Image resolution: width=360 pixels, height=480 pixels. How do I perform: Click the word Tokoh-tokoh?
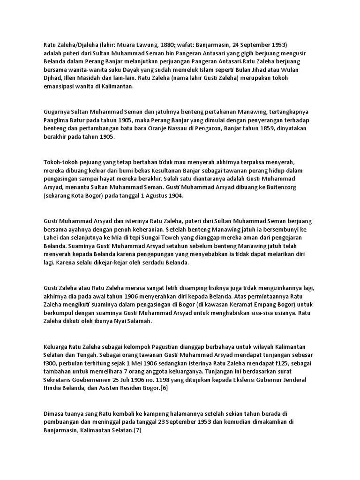point(62,162)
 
